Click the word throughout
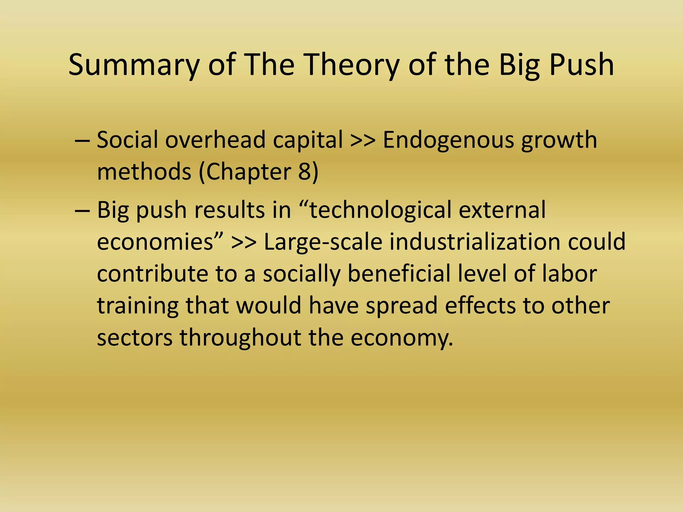tap(240, 337)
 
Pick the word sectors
tap(135, 337)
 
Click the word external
tap(502, 210)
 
